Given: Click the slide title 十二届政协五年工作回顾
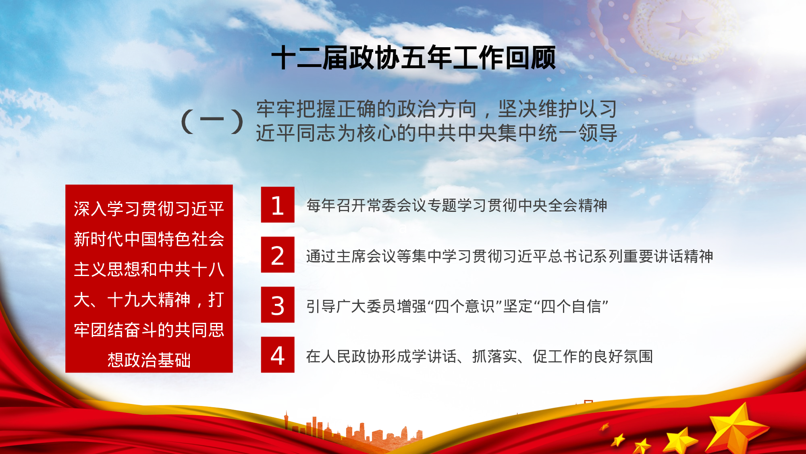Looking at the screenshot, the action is tap(414, 58).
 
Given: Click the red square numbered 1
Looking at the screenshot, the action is tap(278, 205).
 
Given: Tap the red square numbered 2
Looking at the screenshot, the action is tap(278, 255).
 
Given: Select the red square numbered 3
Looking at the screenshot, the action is tap(278, 305).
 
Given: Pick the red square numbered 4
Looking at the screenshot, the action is tap(278, 355).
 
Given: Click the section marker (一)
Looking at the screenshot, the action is tap(212, 121).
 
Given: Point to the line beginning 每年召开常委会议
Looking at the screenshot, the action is tap(457, 205).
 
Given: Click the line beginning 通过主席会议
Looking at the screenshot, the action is tap(510, 256).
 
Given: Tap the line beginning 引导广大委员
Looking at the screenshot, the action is tap(457, 306).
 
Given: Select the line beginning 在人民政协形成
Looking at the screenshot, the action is tap(480, 356).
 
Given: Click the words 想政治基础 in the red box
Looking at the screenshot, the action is tap(149, 360).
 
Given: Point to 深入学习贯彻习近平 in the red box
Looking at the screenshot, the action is tap(149, 209).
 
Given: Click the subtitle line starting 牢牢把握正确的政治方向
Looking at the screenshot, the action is tap(436, 109).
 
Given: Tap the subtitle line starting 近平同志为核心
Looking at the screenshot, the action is tap(436, 133).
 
